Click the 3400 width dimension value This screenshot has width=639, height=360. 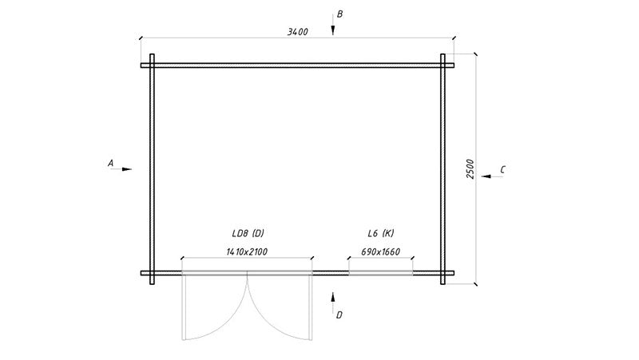tap(297, 32)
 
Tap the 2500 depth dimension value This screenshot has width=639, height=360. tap(470, 168)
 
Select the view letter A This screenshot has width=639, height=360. tap(110, 164)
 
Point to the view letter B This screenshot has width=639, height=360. tap(339, 14)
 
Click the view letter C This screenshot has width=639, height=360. tap(502, 170)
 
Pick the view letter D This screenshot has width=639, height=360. tap(339, 315)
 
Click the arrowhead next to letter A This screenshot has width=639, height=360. tap(127, 169)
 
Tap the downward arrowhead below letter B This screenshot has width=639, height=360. tap(333, 30)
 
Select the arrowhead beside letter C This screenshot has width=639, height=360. tap(486, 176)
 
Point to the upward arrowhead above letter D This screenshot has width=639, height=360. tap(333, 297)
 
